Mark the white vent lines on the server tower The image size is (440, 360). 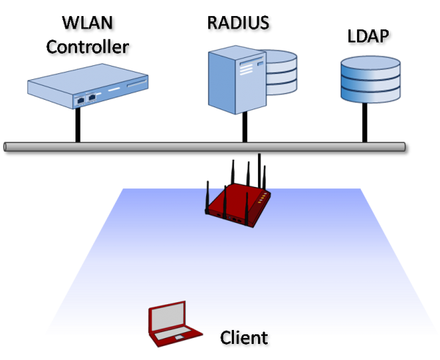pyautogui.click(x=248, y=67)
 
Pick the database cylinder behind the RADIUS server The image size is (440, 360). pyautogui.click(x=282, y=73)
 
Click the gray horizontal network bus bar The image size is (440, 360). pyautogui.click(x=205, y=147)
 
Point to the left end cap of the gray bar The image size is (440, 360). pyautogui.click(x=6, y=147)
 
